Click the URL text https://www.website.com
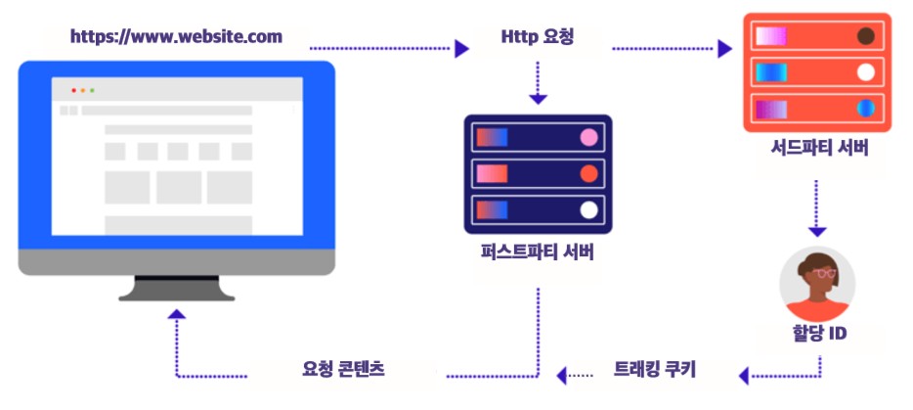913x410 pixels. (176, 37)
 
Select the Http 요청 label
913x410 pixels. (537, 37)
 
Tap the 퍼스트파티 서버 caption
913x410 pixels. (538, 252)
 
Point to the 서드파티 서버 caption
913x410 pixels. (818, 148)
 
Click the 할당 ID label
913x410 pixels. (819, 333)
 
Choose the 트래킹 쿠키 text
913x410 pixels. (655, 369)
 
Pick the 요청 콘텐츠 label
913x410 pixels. (343, 369)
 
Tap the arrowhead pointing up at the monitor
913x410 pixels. (176, 314)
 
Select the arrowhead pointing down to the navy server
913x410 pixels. (538, 99)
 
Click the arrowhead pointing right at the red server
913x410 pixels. (725, 48)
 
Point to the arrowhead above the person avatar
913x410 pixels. (817, 232)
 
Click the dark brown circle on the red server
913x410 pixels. (866, 36)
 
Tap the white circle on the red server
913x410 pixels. (866, 72)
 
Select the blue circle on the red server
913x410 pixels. (866, 109)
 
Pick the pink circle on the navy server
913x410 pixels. (588, 137)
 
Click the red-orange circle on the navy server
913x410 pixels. (588, 173)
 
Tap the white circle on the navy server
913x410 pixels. (588, 209)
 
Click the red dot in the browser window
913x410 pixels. (74, 90)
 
